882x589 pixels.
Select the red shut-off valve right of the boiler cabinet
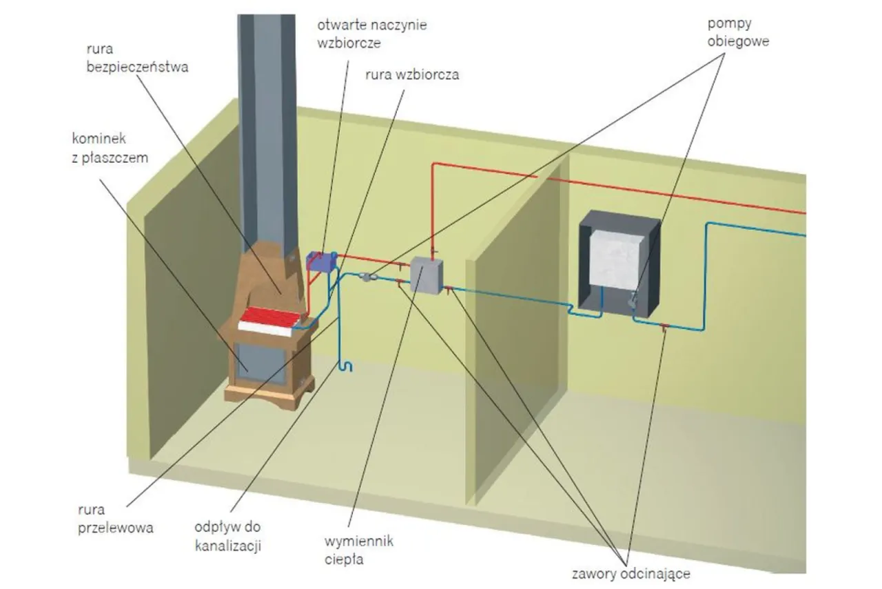click(x=664, y=326)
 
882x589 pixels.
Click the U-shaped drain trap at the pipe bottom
click(x=346, y=366)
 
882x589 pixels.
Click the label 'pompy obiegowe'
click(x=738, y=32)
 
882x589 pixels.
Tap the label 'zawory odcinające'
click(x=630, y=573)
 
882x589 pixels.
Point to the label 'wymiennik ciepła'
click(x=358, y=550)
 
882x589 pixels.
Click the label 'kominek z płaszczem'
click(x=110, y=149)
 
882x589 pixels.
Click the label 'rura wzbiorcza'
click(x=412, y=75)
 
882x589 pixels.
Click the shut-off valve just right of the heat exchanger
click(x=449, y=289)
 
